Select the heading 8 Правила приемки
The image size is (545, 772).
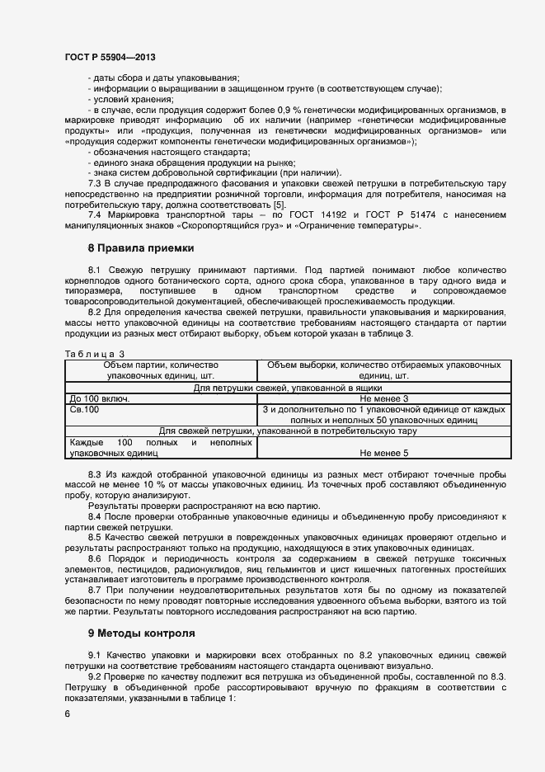[141, 247]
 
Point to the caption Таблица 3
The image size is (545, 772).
[88, 354]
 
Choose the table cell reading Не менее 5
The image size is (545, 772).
[383, 453]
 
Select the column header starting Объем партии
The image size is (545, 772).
[161, 370]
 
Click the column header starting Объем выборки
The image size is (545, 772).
[383, 370]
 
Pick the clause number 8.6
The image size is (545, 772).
[96, 558]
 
